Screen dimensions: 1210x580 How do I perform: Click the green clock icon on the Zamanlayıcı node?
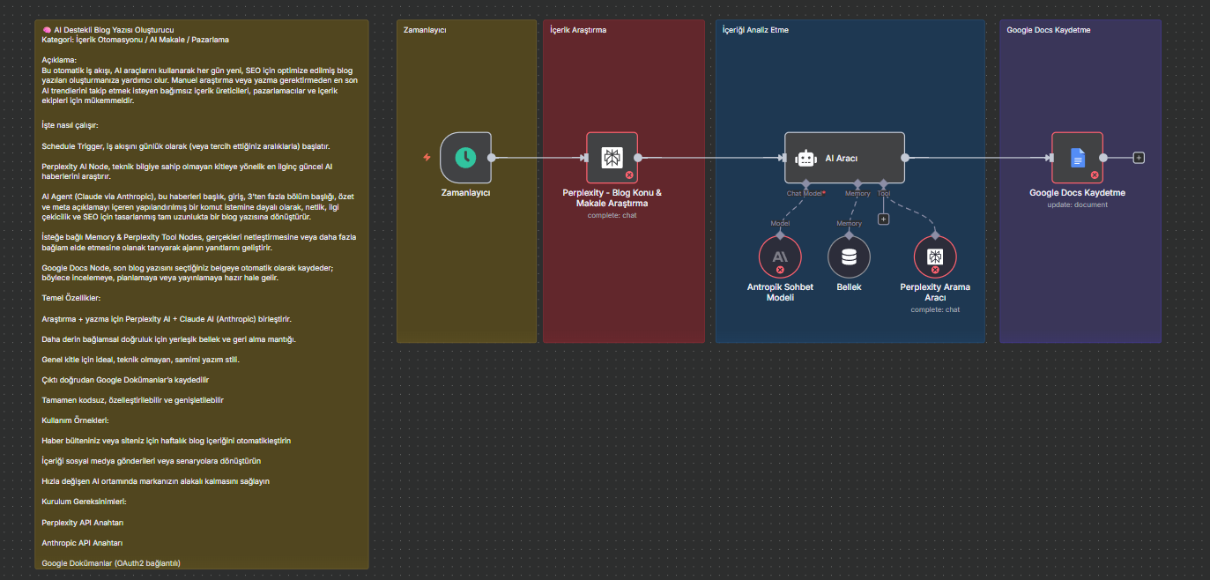click(465, 158)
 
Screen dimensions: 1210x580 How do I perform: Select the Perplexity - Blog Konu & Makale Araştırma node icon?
click(612, 158)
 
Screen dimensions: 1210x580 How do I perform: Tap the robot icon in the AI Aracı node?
click(805, 159)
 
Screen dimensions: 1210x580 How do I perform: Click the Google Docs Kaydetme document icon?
click(1077, 158)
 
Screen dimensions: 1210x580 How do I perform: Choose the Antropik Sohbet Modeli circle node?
click(779, 257)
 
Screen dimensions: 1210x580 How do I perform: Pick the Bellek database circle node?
click(849, 257)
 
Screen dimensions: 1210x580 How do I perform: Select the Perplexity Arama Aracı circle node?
click(935, 257)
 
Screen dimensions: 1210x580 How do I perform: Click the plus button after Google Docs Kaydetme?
click(1139, 158)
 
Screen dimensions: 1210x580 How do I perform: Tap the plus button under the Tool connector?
click(883, 219)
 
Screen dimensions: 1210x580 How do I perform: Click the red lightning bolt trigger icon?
click(427, 158)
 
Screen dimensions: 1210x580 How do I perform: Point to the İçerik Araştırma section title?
click(578, 30)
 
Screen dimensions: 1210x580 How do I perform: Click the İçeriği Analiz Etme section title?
click(755, 30)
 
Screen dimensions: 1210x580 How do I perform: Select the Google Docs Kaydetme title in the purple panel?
click(1048, 30)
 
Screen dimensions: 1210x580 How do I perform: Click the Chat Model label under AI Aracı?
click(805, 193)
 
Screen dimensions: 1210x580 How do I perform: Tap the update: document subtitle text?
click(1077, 204)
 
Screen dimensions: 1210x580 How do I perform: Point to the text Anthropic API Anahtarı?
click(82, 543)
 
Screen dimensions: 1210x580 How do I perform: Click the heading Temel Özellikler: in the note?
click(71, 298)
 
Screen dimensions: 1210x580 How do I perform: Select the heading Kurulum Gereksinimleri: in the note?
click(84, 502)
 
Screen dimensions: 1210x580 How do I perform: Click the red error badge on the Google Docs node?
click(1095, 175)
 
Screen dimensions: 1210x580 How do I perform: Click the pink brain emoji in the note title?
click(47, 30)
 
